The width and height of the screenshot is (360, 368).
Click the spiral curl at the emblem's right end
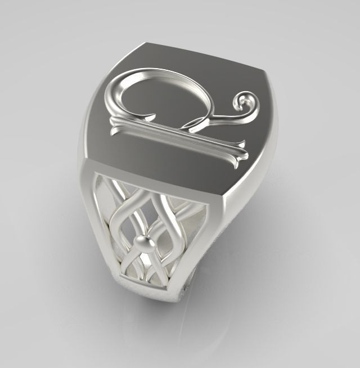(246, 102)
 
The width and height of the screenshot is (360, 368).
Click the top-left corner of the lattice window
(97, 172)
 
